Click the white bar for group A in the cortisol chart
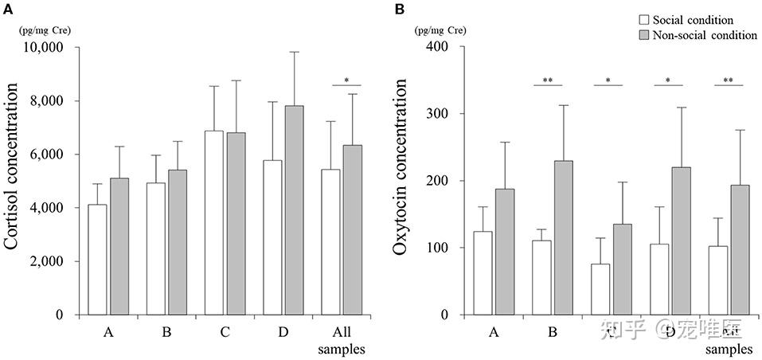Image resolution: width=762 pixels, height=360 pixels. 97,260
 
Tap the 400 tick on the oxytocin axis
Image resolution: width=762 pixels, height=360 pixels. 434,47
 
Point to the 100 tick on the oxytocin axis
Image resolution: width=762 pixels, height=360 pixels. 434,248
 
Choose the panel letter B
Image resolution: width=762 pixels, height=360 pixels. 400,9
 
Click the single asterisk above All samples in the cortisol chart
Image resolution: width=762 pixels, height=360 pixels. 347,80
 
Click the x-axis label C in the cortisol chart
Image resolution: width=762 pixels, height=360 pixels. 225,331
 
